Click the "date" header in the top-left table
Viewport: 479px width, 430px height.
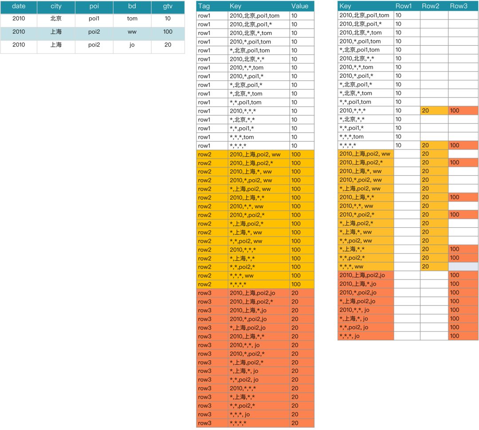(19, 7)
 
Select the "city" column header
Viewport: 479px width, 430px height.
(56, 7)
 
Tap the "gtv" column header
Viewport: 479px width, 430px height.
(168, 7)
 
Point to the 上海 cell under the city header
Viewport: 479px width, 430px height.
(56, 32)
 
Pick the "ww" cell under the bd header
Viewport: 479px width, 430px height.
(132, 32)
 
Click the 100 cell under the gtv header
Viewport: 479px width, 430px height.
(168, 32)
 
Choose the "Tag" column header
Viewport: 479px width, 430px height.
(204, 6)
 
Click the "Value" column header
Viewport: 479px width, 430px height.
(300, 6)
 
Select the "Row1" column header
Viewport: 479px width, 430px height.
(404, 6)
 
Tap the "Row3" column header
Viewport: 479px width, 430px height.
(459, 6)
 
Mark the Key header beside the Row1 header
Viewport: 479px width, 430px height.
(346, 6)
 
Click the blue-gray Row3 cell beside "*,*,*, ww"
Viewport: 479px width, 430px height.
(463, 267)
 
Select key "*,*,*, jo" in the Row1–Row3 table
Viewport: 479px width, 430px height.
(349, 336)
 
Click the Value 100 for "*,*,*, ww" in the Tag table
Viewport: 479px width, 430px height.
(296, 276)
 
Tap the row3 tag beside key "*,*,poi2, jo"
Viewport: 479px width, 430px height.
(204, 379)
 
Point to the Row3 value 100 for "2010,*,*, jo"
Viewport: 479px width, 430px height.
(455, 310)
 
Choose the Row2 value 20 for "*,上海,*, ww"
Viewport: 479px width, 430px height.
(425, 232)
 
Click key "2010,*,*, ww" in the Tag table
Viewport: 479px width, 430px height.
(247, 206)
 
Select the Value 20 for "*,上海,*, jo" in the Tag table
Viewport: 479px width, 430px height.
(295, 371)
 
